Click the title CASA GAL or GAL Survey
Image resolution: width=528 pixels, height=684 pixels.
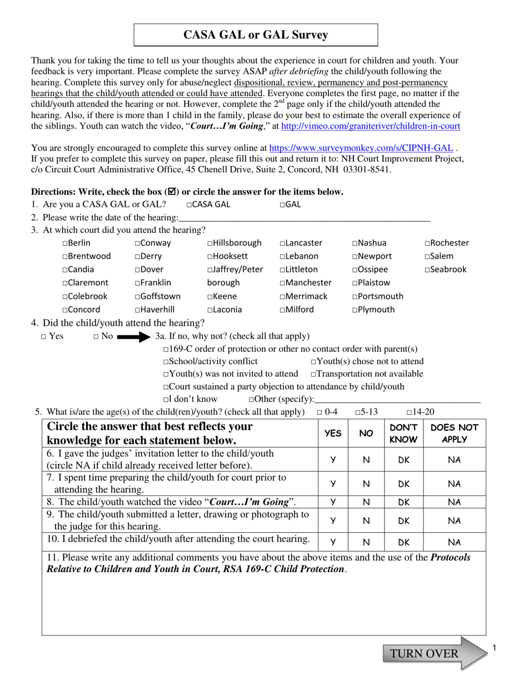coord(256,35)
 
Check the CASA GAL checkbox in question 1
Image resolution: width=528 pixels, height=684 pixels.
coord(190,205)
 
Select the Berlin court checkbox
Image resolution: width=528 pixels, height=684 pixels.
coord(66,243)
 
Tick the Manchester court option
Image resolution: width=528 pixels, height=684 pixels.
coord(283,283)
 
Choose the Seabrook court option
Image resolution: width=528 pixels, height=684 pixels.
coord(428,270)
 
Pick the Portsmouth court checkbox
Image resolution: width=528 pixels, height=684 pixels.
coord(355,296)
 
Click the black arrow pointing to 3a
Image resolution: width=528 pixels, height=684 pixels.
coord(133,336)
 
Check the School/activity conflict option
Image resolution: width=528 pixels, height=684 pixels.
coord(166,361)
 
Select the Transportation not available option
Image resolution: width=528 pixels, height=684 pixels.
coord(313,374)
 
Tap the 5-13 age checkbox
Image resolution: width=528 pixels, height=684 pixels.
coord(357,412)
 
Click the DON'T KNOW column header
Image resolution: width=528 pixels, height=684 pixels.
coord(404,433)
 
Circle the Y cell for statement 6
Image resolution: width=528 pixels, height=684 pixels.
coord(333,460)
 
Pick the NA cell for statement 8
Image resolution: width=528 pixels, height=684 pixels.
coord(454,502)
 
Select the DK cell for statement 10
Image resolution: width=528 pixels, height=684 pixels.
coord(404,542)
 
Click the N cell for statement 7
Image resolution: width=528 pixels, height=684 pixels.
coord(366,484)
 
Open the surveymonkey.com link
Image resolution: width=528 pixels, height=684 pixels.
coord(361,148)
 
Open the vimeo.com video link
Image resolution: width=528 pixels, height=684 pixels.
coord(371,126)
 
